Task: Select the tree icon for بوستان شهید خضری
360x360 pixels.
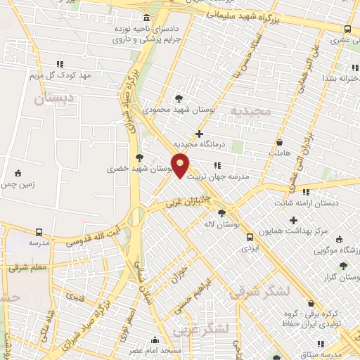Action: (x=139, y=157)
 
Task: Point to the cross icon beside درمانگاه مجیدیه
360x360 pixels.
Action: (x=200, y=133)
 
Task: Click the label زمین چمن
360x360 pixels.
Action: (x=18, y=184)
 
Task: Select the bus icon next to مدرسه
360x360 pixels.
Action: (x=39, y=232)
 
